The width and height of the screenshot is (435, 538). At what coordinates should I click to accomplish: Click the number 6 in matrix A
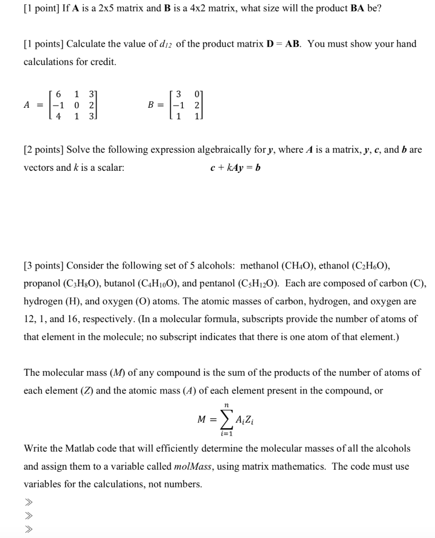59,94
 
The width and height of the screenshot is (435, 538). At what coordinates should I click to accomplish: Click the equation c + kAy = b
235,168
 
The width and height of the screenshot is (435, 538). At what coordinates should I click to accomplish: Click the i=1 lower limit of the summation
226,433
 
